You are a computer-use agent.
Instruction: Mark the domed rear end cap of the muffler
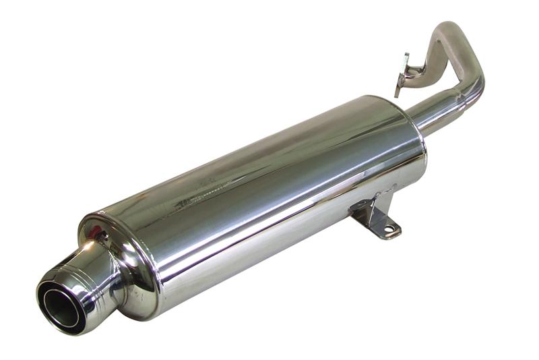pos(128,270)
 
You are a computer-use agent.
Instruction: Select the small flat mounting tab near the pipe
pos(402,74)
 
